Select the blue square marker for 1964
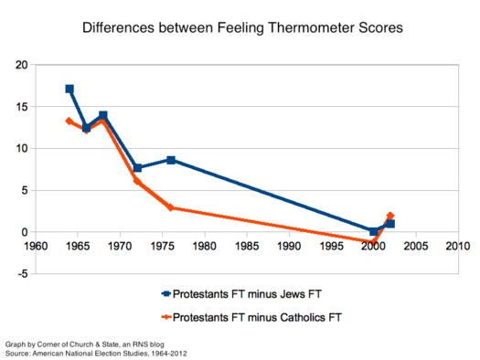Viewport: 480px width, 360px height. (69, 89)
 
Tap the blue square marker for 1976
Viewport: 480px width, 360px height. (171, 160)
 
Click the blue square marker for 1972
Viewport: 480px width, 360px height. (137, 168)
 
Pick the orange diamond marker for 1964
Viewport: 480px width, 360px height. (69, 121)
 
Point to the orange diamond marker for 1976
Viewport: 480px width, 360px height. (171, 207)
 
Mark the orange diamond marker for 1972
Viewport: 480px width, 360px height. (137, 181)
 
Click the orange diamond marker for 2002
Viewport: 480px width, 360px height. (390, 216)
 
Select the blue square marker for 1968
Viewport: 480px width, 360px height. (103, 115)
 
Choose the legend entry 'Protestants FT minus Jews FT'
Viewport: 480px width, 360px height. (243, 293)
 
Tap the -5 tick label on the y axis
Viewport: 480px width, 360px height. (22, 273)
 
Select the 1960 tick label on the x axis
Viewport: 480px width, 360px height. (36, 246)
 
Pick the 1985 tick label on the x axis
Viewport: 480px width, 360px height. (247, 246)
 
